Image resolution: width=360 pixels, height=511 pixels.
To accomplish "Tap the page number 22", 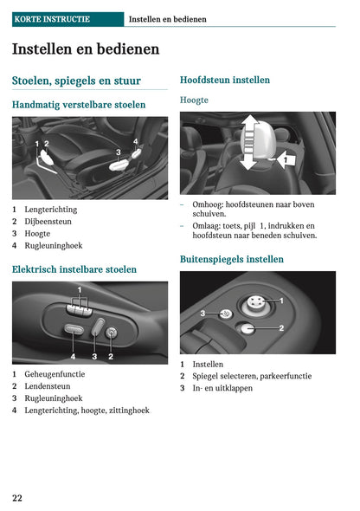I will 17,497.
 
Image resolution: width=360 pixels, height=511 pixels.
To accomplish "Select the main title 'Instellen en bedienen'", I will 86,49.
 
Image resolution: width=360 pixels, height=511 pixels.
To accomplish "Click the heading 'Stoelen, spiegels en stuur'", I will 76,81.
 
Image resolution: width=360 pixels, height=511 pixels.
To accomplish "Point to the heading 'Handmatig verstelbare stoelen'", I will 79,105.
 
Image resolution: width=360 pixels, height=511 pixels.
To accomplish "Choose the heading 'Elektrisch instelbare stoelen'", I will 74,269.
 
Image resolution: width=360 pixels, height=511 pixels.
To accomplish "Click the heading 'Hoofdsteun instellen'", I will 224,80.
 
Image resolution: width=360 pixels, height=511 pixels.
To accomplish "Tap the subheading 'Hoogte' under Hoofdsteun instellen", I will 194,100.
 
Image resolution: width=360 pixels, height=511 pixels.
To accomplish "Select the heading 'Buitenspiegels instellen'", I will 231,259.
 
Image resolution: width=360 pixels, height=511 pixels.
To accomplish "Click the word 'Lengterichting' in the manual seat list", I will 50,210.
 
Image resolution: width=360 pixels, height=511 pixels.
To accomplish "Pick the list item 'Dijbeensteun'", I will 48,222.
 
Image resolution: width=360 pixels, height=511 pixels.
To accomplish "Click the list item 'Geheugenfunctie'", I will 55,374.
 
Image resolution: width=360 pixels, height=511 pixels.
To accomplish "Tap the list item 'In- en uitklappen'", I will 222,388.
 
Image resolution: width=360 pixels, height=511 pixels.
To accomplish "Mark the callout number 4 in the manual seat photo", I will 135,140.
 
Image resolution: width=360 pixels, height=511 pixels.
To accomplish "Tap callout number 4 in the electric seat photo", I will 73,355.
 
